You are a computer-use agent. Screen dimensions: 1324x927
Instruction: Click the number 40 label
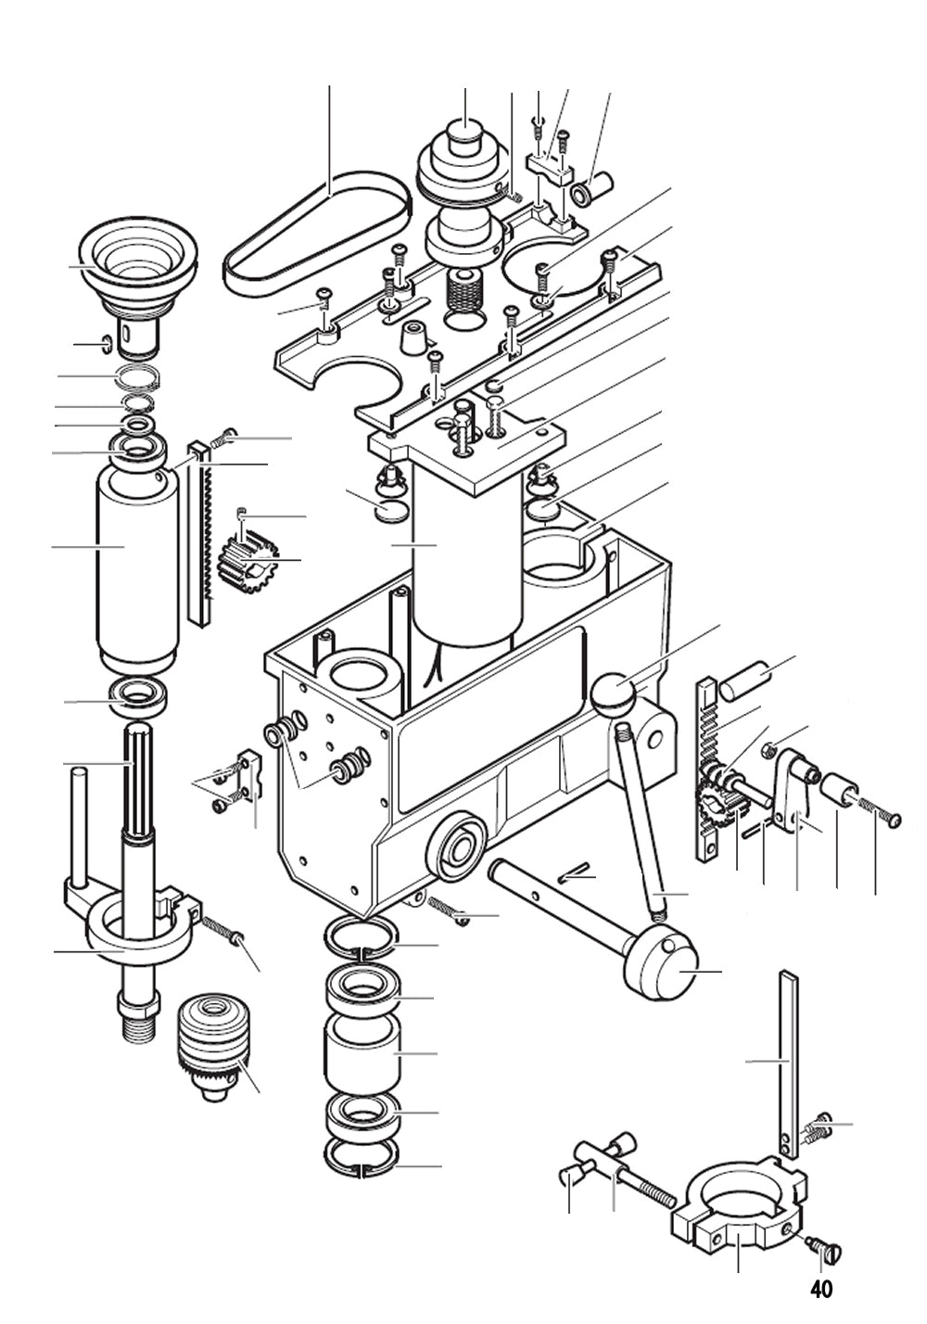[x=820, y=1289]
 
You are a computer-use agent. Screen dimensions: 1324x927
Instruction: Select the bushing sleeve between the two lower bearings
[x=362, y=1053]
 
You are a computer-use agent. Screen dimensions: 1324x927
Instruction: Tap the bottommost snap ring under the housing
[x=362, y=1159]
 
